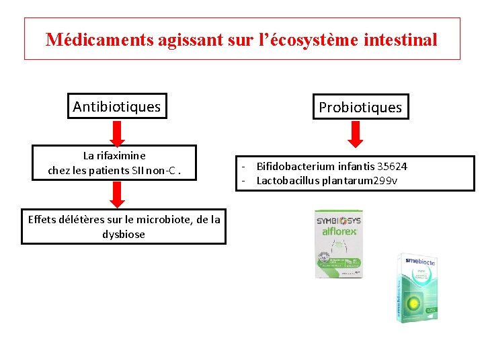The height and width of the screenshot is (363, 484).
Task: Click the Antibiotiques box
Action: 117,106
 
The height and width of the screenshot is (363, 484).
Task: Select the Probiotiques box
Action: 360,107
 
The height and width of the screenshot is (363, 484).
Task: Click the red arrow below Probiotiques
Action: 357,134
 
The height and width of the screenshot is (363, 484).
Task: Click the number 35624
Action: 392,166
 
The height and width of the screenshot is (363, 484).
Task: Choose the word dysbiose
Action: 124,234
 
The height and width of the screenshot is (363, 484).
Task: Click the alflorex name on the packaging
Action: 341,230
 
